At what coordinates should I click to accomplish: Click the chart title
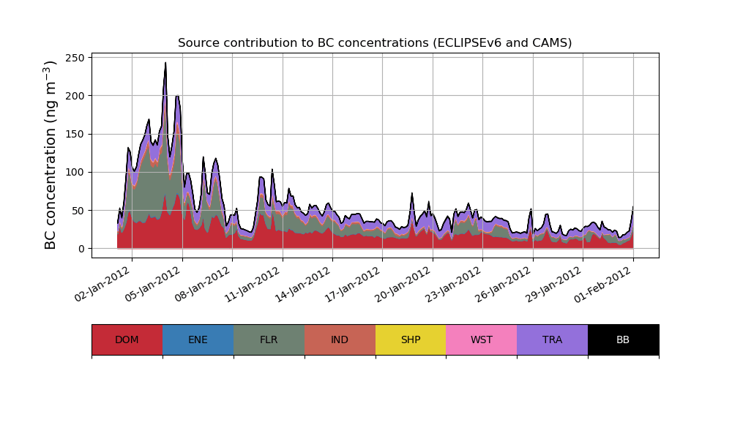[x=375, y=42]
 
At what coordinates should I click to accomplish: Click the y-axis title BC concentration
[x=51, y=154]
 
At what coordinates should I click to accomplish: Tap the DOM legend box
[x=127, y=339]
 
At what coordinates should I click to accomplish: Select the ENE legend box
[x=198, y=339]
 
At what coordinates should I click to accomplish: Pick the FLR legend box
[x=269, y=339]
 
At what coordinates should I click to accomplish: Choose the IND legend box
[x=340, y=339]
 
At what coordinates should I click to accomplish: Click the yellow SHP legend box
[x=411, y=339]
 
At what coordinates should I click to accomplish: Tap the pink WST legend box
[x=482, y=339]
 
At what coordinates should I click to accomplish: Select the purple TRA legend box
[x=553, y=339]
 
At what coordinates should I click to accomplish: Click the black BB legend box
[x=623, y=339]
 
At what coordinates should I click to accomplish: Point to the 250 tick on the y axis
[x=77, y=57]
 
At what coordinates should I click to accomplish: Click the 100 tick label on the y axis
[x=77, y=172]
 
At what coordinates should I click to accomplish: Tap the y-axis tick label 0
[x=82, y=249]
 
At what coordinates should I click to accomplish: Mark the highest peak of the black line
[x=165, y=63]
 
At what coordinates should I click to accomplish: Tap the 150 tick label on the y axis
[x=77, y=134]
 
